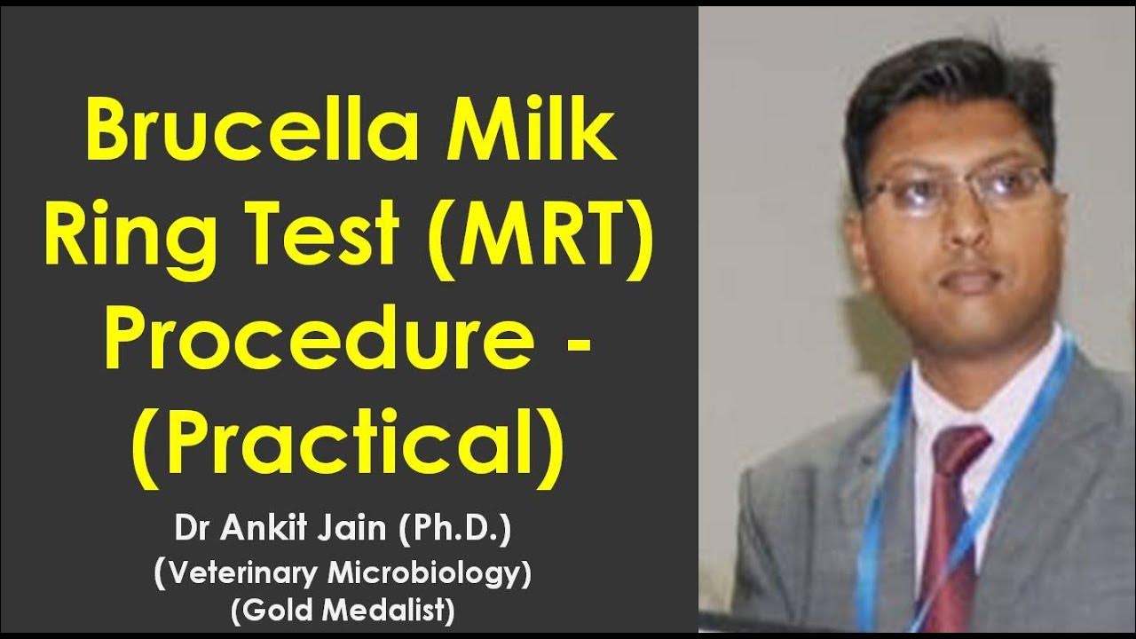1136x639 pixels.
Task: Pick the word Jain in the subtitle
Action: pyautogui.click(x=355, y=532)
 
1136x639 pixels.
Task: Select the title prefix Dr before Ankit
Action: pyautogui.click(x=193, y=532)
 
